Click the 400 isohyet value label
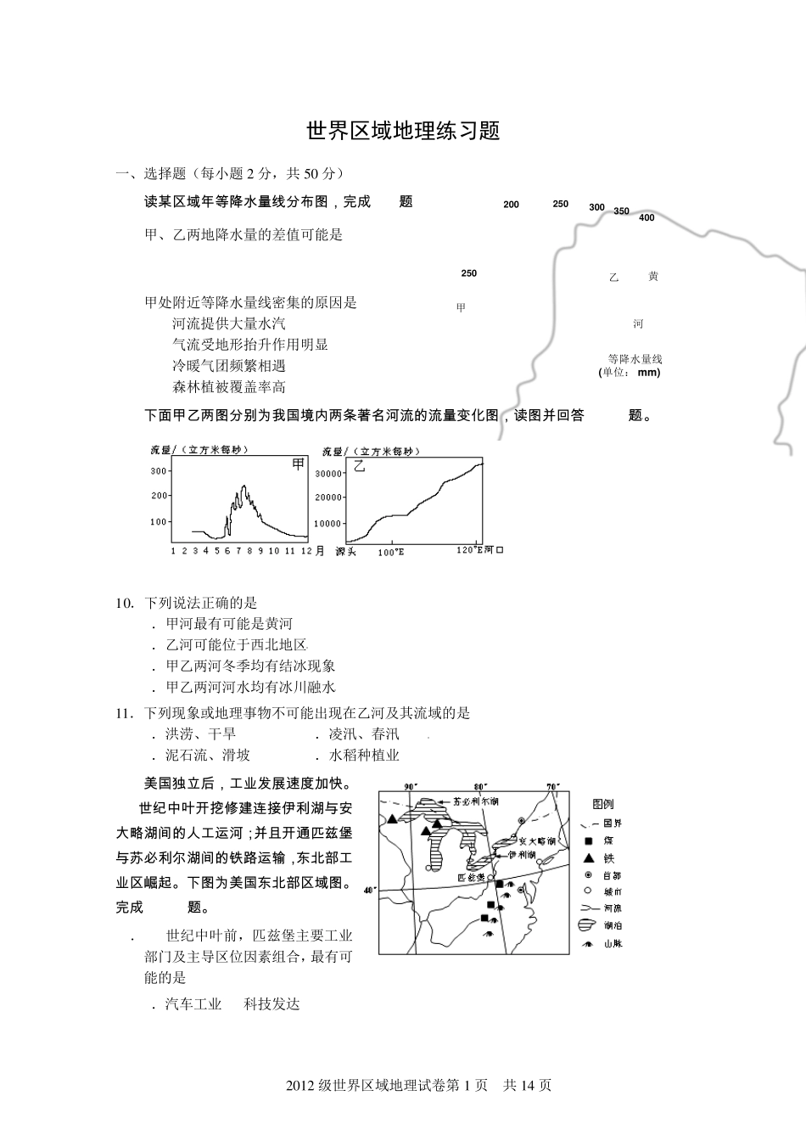[x=646, y=218]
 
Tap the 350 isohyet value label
[x=621, y=211]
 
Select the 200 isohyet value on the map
[x=511, y=205]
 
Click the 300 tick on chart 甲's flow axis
[x=159, y=471]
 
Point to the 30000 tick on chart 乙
[x=328, y=474]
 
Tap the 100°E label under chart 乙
[x=391, y=552]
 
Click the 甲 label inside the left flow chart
[x=298, y=464]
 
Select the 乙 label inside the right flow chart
[x=359, y=466]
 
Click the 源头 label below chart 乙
[x=345, y=552]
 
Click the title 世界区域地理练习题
[x=403, y=131]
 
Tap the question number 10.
[x=125, y=603]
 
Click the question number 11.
[x=125, y=713]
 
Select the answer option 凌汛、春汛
[x=363, y=734]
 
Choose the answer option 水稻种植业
[x=363, y=755]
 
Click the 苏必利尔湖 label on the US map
[x=475, y=801]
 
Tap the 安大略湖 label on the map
[x=537, y=840]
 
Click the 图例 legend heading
[x=603, y=804]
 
